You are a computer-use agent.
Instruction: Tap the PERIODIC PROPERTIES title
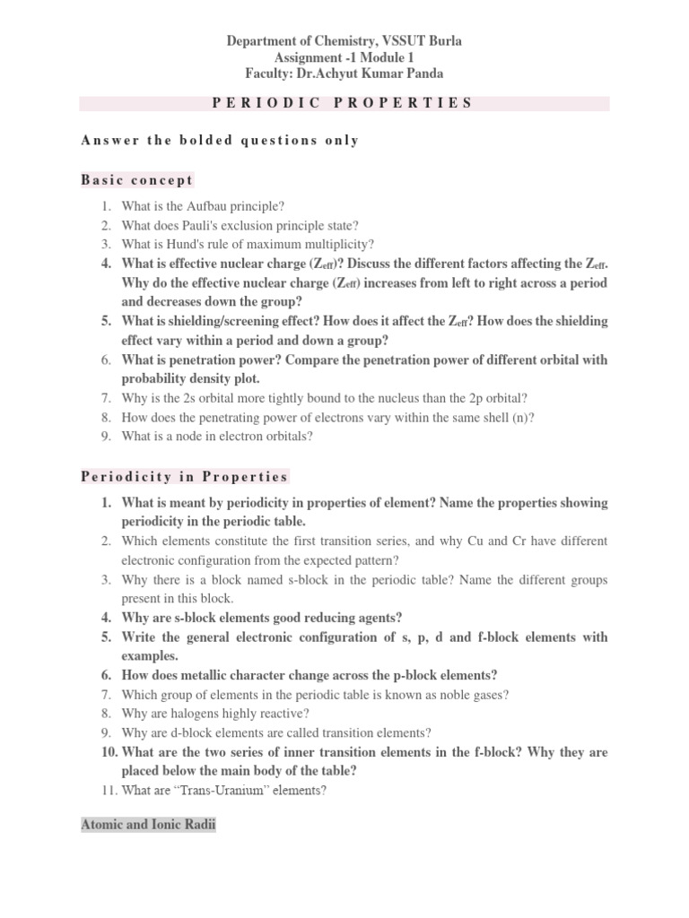point(343,102)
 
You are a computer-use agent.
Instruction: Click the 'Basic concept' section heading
point(136,180)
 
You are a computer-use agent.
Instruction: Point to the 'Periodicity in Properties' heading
point(184,477)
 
